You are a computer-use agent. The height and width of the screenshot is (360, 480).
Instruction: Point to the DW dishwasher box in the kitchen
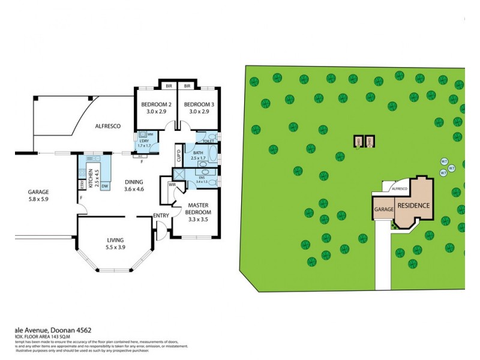pos(104,187)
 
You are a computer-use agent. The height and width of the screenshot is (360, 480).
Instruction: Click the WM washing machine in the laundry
pos(149,134)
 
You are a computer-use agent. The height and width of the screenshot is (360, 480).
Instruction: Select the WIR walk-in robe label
pos(172,185)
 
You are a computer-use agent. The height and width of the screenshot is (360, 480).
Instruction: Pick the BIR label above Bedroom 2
pos(169,86)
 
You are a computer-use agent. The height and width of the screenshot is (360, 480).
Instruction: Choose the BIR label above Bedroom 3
pos(187,86)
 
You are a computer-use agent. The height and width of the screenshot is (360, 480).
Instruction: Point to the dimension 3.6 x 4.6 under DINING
pos(134,190)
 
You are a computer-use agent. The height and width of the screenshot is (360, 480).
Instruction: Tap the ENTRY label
pos(161,215)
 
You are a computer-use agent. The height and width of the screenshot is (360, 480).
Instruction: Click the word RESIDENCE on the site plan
pos(413,205)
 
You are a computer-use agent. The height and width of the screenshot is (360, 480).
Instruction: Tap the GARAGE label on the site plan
pos(384,209)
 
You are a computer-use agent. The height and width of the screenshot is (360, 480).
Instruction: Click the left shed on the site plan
pos(359,142)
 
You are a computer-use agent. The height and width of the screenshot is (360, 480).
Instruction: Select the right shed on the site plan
pos(370,142)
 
